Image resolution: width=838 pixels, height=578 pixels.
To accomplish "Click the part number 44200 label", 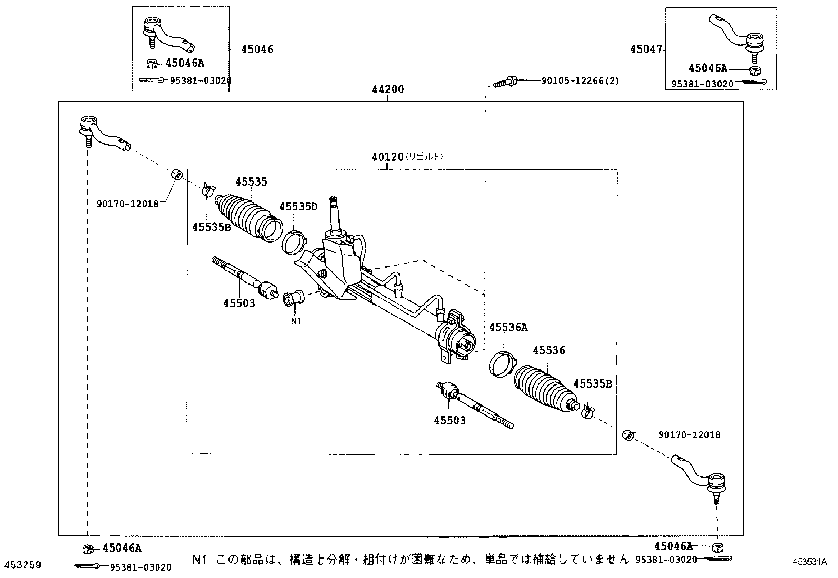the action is [x=387, y=89].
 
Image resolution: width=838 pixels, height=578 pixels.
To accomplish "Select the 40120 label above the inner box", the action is [x=387, y=157].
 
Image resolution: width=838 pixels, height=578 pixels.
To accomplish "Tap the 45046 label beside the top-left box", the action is [x=257, y=49].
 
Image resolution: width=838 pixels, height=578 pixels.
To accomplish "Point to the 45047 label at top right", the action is [x=646, y=49].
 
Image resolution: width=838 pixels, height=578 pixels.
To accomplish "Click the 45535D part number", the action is [x=298, y=206].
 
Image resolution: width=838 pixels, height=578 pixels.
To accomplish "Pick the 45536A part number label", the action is [x=508, y=327].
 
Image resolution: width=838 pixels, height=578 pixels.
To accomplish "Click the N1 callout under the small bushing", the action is [x=296, y=321].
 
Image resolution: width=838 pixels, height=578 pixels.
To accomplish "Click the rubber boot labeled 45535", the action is [x=249, y=218].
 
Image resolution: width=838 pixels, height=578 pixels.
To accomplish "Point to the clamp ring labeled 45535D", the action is [x=294, y=242].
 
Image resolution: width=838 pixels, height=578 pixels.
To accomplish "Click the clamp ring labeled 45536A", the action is [x=503, y=364].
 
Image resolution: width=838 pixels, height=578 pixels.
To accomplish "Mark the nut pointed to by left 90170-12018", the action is [x=176, y=174].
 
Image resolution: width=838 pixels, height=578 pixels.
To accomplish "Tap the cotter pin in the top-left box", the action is [x=151, y=80].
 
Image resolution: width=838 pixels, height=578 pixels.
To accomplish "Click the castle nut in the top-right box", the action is [x=755, y=70].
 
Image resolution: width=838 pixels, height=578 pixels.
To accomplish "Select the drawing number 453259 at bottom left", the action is [x=23, y=564].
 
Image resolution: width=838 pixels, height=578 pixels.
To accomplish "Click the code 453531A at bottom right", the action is [x=810, y=562].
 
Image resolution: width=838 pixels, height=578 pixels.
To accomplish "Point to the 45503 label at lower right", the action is [x=450, y=420].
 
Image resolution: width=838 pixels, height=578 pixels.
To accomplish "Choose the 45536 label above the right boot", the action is [x=549, y=350].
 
